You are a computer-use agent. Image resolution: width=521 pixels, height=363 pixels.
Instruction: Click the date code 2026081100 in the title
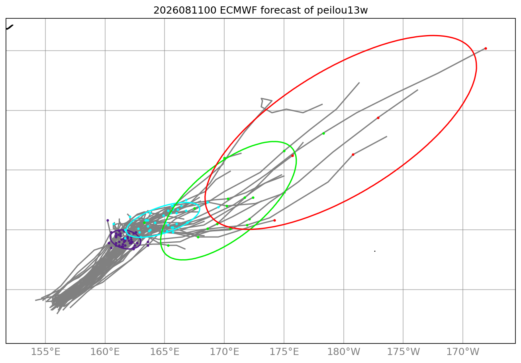pyautogui.click(x=185, y=10)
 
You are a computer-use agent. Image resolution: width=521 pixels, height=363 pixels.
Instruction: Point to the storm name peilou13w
pyautogui.click(x=342, y=11)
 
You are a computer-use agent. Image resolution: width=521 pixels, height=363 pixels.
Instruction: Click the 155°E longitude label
pyautogui.click(x=45, y=351)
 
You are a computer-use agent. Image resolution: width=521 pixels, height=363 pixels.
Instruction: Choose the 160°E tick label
pyautogui.click(x=105, y=351)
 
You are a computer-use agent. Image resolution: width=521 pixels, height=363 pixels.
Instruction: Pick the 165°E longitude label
pyautogui.click(x=165, y=351)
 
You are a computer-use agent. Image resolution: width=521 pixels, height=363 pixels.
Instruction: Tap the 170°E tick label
pyautogui.click(x=224, y=351)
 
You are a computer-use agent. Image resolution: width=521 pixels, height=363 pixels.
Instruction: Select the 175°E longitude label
pyautogui.click(x=284, y=351)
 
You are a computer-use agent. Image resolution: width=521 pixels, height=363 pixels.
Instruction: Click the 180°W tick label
pyautogui.click(x=344, y=351)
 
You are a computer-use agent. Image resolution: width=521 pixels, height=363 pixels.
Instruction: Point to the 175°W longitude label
pyautogui.click(x=403, y=351)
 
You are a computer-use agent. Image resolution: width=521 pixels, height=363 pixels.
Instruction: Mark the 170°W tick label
pyautogui.click(x=463, y=351)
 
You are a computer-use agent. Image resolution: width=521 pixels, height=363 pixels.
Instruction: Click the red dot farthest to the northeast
pyautogui.click(x=486, y=48)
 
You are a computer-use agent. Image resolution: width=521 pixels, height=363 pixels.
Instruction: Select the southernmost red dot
pyautogui.click(x=275, y=221)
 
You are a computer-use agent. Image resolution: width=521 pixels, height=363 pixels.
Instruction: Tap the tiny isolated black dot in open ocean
pyautogui.click(x=375, y=251)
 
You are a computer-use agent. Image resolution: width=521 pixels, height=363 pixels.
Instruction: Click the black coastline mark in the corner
pyautogui.click(x=9, y=27)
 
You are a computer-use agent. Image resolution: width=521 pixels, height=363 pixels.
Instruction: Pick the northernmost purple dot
pyautogui.click(x=108, y=221)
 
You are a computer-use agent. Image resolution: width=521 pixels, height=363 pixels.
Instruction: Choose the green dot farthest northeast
pyautogui.click(x=323, y=134)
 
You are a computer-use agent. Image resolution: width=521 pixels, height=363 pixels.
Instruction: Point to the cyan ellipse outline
pyautogui.click(x=199, y=209)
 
